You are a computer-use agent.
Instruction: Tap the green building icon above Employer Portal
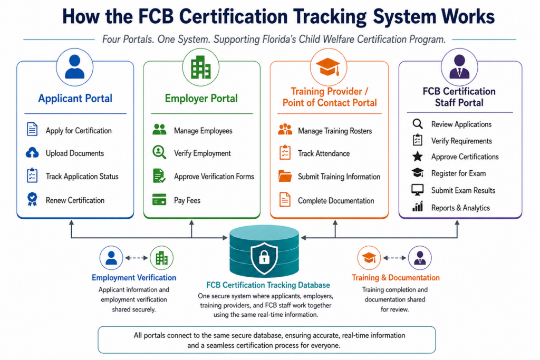point(201,67)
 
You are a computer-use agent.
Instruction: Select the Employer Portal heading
point(201,99)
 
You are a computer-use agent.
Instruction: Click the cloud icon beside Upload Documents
point(32,153)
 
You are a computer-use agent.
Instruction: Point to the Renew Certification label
point(75,200)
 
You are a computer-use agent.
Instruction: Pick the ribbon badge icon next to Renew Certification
point(32,199)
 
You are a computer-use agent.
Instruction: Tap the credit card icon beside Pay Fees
point(159,199)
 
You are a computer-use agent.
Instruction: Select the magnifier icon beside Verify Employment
point(159,152)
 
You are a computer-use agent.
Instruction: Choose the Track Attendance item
point(324,153)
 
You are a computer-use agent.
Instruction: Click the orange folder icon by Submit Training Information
point(285,176)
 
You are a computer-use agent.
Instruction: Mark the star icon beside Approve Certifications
point(418,157)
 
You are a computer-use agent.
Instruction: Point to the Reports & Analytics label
point(460,208)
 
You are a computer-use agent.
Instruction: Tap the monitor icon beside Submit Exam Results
point(418,190)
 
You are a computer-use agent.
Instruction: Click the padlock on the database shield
point(264,257)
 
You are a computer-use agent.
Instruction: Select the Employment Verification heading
point(134,278)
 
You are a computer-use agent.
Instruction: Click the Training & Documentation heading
point(396,278)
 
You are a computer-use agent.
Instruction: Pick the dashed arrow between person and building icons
point(137,258)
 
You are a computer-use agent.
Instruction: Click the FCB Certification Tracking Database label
point(268,285)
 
